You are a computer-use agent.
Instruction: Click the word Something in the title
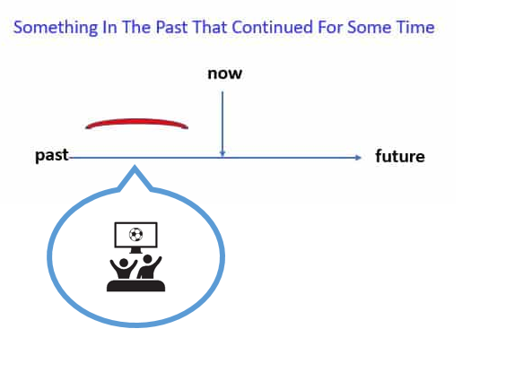click(56, 28)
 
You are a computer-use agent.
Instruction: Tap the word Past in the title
click(171, 27)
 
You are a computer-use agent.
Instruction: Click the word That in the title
click(209, 27)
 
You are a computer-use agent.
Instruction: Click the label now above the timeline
click(224, 74)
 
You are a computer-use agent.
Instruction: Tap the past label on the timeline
click(52, 156)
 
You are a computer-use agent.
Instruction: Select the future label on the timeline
click(400, 156)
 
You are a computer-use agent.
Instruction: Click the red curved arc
click(136, 121)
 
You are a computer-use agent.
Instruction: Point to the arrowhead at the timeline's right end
click(359, 158)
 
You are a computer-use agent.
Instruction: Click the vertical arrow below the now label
click(222, 124)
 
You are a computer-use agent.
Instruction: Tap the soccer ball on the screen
click(135, 234)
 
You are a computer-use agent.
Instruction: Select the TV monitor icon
click(135, 238)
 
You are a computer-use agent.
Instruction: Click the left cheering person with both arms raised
click(124, 268)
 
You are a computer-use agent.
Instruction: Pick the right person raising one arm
click(149, 266)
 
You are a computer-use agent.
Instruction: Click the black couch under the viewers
click(135, 286)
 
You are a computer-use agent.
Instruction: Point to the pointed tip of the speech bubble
click(135, 166)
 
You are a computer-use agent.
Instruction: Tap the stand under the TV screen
click(135, 250)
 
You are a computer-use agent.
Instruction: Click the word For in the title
click(330, 27)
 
